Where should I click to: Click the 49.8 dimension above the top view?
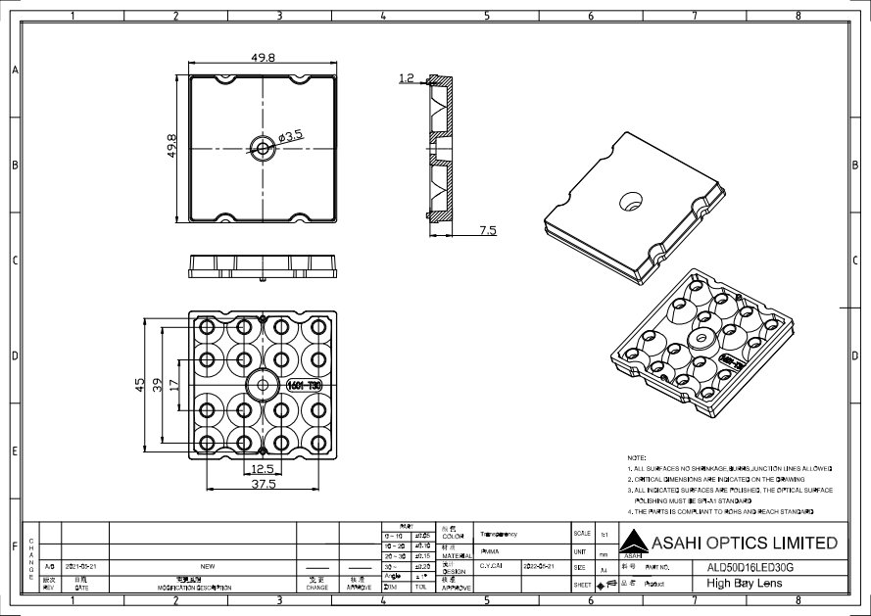(263, 59)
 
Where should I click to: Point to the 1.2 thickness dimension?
(408, 76)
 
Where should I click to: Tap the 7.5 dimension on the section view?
(487, 230)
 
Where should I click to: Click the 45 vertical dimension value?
(141, 385)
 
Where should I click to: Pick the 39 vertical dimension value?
(158, 385)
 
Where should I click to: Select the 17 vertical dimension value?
(174, 385)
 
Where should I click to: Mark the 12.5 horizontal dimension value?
(261, 469)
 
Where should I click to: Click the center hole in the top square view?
(263, 149)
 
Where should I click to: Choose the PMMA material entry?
(490, 551)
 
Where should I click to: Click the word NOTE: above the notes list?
(636, 457)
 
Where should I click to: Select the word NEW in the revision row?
(207, 566)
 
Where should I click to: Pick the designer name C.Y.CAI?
(491, 566)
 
